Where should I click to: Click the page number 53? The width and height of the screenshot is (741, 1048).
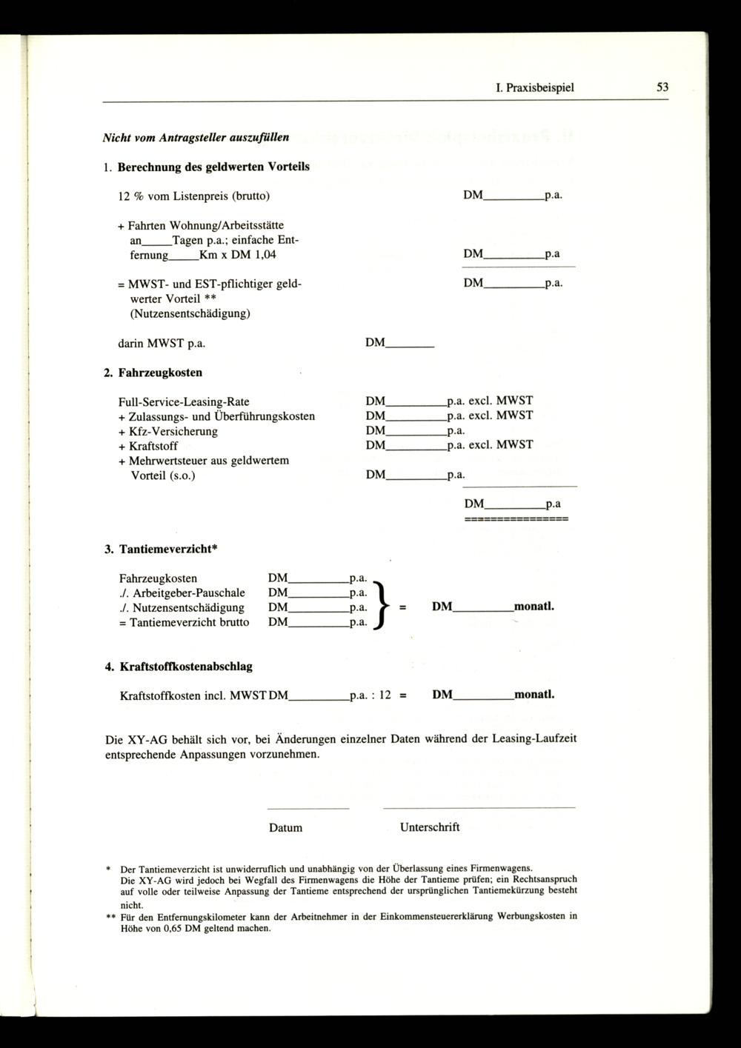tap(662, 87)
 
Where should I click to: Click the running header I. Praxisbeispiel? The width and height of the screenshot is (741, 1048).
tap(535, 87)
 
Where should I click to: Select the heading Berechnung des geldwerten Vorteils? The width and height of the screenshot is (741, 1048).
tap(213, 167)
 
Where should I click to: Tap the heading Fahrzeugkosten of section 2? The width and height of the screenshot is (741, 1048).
tap(160, 373)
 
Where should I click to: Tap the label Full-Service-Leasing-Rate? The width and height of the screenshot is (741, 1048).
tap(184, 402)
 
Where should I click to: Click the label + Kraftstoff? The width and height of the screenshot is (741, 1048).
tap(147, 446)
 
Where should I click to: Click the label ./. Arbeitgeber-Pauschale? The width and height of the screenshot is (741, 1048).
tap(182, 593)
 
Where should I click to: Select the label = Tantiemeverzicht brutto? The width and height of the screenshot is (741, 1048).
tap(184, 623)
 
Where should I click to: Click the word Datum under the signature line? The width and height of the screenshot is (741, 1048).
tap(285, 828)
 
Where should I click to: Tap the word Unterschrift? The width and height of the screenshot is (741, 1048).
tap(430, 827)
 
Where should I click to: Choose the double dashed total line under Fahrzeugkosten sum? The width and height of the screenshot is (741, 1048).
tap(516, 520)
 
